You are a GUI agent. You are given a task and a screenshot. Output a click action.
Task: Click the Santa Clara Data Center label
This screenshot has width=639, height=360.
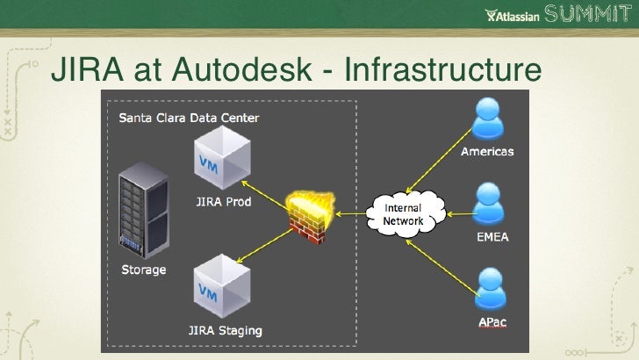click(x=189, y=118)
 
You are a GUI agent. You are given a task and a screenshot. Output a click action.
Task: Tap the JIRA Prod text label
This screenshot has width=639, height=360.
click(x=222, y=202)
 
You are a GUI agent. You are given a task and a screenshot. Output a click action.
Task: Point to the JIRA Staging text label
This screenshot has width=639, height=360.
click(x=225, y=331)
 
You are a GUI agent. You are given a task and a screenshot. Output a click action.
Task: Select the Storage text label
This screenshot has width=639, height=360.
click(x=142, y=269)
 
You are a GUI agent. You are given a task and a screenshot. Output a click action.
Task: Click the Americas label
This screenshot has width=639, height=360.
click(x=488, y=151)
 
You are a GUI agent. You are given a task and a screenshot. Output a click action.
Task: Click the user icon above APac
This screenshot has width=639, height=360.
click(x=488, y=290)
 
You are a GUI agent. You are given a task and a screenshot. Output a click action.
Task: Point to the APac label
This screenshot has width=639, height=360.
click(x=491, y=322)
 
